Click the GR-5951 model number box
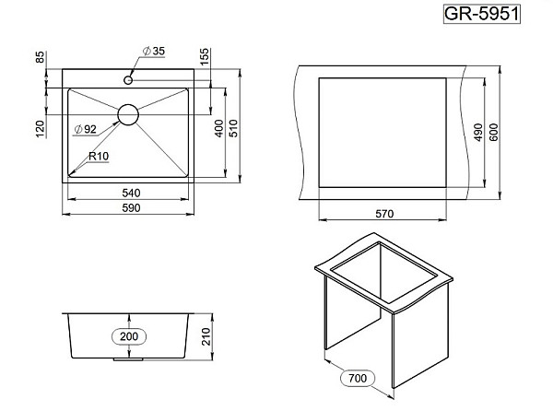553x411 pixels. (x=482, y=14)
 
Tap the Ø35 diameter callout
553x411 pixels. (x=154, y=51)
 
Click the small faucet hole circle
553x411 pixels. (x=128, y=80)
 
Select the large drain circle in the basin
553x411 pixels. (x=128, y=114)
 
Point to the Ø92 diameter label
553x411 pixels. (x=86, y=129)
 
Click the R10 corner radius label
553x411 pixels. (x=99, y=156)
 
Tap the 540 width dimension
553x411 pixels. (x=131, y=193)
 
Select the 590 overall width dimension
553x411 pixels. (x=131, y=208)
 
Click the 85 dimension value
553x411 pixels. (x=41, y=57)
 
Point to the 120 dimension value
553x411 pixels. (x=41, y=129)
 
